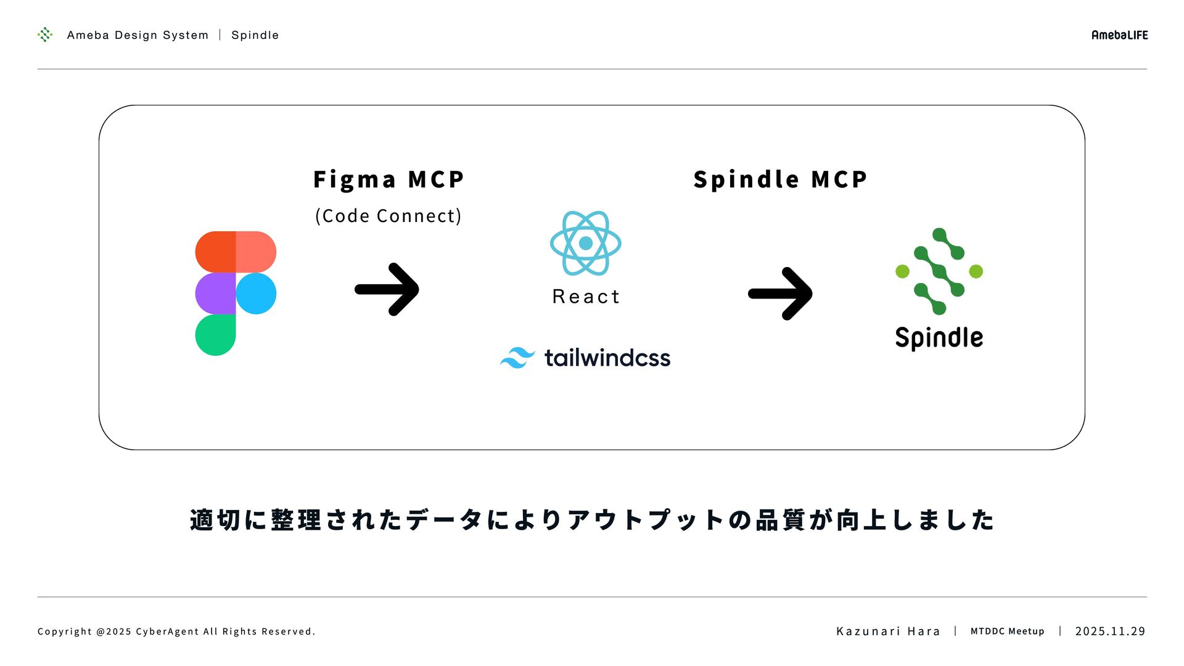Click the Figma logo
pyautogui.click(x=236, y=294)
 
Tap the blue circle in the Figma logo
pyautogui.click(x=256, y=294)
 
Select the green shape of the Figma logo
pyautogui.click(x=215, y=335)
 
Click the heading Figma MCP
pyautogui.click(x=388, y=179)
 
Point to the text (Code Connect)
pyautogui.click(x=388, y=216)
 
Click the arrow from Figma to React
pyautogui.click(x=387, y=289)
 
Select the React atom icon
pyautogui.click(x=586, y=243)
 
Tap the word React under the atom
pyautogui.click(x=586, y=297)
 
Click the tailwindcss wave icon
pyautogui.click(x=517, y=358)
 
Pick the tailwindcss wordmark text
pyautogui.click(x=607, y=358)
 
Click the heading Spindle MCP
pyautogui.click(x=780, y=179)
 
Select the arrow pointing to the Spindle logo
pyautogui.click(x=780, y=294)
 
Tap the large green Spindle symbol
pyautogui.click(x=939, y=271)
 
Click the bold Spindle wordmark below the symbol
pyautogui.click(x=939, y=338)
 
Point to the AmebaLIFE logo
pyautogui.click(x=1119, y=35)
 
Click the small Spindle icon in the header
pyautogui.click(x=45, y=35)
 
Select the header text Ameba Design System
pyautogui.click(x=138, y=35)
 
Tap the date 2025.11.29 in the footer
pyautogui.click(x=1110, y=631)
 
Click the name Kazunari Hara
pyautogui.click(x=888, y=631)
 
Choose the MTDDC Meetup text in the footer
pyautogui.click(x=1007, y=631)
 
